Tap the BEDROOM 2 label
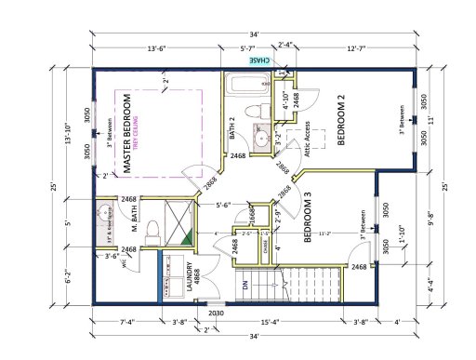tap(341, 121)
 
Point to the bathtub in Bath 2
tap(240, 90)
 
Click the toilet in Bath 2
tap(247, 113)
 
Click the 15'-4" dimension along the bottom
tap(273, 323)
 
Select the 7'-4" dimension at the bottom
tap(129, 323)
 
